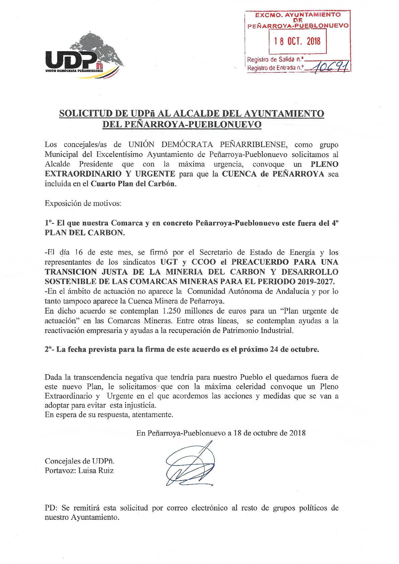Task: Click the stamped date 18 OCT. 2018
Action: pos(297,41)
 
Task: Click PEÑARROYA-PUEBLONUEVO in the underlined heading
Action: pos(193,124)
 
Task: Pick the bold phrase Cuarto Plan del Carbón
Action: pos(133,184)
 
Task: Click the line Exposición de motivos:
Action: pos(83,203)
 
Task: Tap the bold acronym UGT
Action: pos(169,262)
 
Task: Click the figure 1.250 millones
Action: pos(191,311)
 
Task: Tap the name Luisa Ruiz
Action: pos(96,471)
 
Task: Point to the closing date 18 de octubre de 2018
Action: pos(269,433)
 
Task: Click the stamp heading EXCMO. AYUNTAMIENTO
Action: pos(298,15)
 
